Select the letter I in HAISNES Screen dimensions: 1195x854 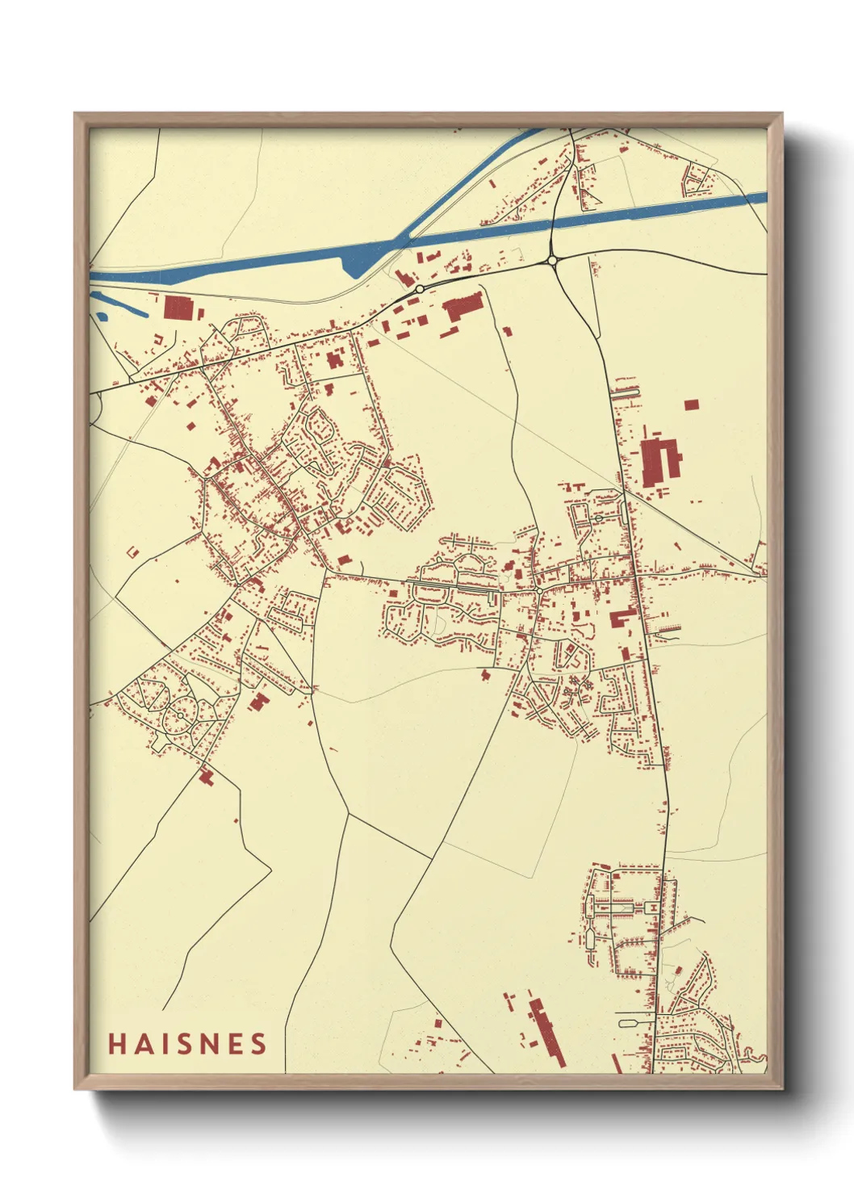coord(164,1044)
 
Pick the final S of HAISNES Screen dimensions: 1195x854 coord(258,1044)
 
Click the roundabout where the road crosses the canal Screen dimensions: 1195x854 coord(552,260)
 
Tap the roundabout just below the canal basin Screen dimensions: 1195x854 coord(420,288)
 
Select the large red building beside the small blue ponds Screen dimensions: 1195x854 coord(179,308)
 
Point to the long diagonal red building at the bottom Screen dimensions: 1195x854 coord(547,1032)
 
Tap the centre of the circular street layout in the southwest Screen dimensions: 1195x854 coord(180,715)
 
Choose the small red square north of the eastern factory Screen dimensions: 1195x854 coord(691,405)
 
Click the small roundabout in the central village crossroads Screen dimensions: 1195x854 coord(539,590)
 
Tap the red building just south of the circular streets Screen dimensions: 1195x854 coord(206,777)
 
